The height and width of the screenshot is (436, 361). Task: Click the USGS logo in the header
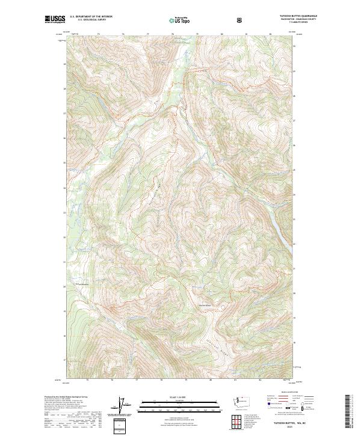tap(55, 19)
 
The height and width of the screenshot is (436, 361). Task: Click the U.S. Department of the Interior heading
tap(91, 17)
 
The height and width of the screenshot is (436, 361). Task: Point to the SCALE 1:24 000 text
tap(180, 397)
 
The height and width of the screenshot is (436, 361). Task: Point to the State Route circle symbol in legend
tap(296, 408)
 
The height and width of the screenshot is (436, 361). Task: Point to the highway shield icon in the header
tap(241, 20)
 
